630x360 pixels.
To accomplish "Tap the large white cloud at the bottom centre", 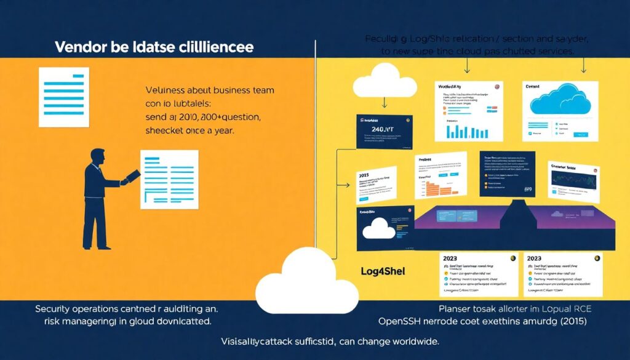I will point(306,280).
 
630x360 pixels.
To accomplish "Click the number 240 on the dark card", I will point(377,129).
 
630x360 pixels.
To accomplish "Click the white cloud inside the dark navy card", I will point(380,229).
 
